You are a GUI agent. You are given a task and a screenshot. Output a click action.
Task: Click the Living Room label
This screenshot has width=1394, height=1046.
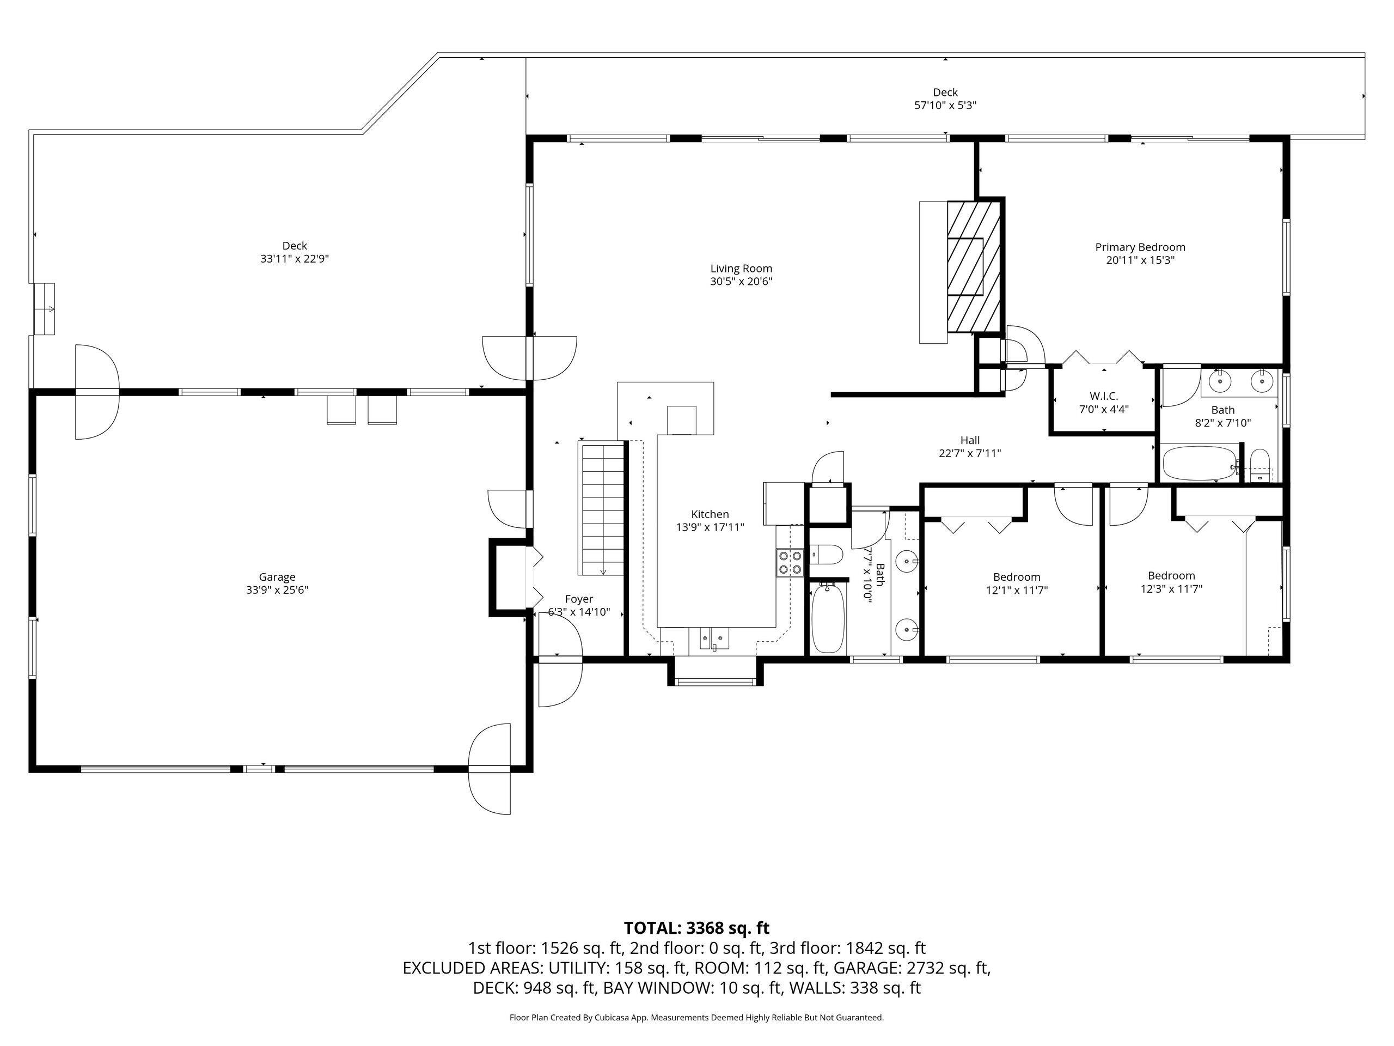click(741, 269)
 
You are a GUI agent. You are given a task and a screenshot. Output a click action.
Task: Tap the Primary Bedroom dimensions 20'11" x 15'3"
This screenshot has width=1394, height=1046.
click(1140, 260)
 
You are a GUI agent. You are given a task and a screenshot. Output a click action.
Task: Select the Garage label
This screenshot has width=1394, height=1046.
click(277, 577)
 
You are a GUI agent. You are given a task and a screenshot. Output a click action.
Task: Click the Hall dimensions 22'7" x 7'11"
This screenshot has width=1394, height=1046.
click(970, 453)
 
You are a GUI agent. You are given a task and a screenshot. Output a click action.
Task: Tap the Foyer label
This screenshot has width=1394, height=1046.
click(578, 599)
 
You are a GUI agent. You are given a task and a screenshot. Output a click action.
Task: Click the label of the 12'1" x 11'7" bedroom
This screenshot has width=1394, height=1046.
click(1017, 577)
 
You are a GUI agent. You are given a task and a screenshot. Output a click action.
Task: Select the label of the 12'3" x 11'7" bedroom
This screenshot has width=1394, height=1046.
click(1171, 576)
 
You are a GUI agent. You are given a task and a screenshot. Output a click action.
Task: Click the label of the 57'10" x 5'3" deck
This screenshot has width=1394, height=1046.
click(945, 93)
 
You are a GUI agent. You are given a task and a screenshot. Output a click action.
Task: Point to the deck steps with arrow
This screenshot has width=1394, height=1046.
click(44, 309)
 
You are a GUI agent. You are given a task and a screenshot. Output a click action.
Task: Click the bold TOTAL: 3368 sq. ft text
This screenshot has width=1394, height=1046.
click(696, 928)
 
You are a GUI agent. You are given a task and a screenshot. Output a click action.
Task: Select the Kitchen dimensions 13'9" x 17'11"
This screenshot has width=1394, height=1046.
click(710, 527)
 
